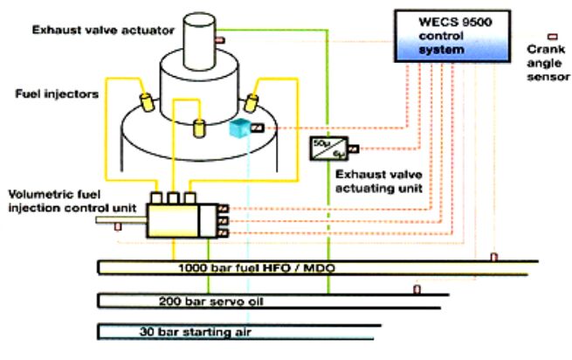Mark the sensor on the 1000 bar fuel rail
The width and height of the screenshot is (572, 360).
pyautogui.click(x=493, y=257)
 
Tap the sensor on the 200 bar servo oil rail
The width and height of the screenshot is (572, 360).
pyautogui.click(x=417, y=289)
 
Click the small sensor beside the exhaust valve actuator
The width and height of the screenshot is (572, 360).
pyautogui.click(x=220, y=40)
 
